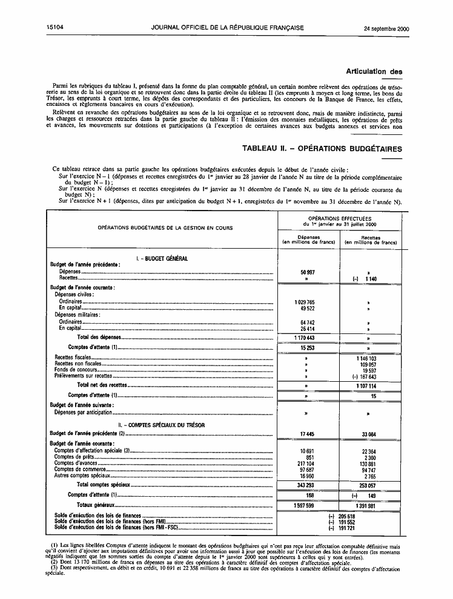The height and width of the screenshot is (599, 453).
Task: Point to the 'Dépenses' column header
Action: pos(309,238)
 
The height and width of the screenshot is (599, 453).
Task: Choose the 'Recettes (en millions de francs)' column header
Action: pos(371,240)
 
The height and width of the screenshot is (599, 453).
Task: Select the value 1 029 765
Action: pos(306,301)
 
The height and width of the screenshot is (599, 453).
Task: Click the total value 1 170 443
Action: pos(306,336)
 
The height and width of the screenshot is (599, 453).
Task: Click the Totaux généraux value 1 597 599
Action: pos(306,505)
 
